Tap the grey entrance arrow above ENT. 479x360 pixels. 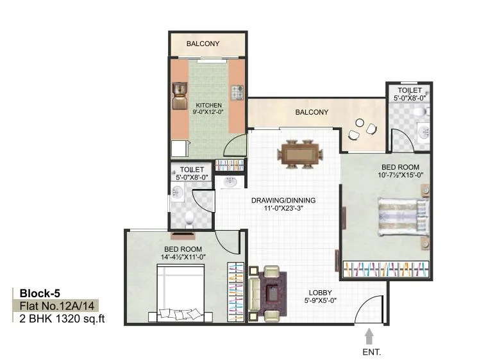tap(369, 335)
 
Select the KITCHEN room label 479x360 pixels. tap(209, 105)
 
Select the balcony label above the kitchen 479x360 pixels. tap(203, 44)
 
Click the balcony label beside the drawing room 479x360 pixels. tap(312, 113)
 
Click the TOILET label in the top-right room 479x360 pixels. tap(408, 91)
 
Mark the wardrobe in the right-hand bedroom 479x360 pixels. tap(385, 269)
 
